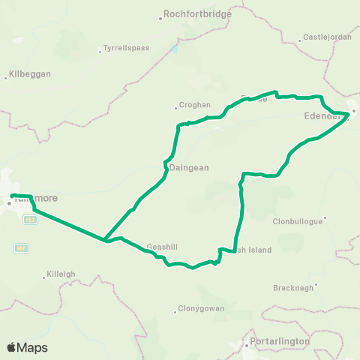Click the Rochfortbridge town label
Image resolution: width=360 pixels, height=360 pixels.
(x=199, y=14)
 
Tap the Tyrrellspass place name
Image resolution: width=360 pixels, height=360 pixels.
(x=126, y=48)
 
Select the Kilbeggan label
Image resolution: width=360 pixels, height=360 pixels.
(x=28, y=76)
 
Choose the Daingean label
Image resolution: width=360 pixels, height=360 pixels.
(x=189, y=168)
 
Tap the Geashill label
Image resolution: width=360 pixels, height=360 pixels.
(x=162, y=246)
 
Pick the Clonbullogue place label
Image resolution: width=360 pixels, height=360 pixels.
(x=298, y=220)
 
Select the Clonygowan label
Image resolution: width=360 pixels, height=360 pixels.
(x=199, y=308)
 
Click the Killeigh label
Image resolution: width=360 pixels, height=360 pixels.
(x=62, y=274)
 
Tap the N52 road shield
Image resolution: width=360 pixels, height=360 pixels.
(x=30, y=219)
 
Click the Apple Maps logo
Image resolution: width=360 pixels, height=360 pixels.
(x=27, y=348)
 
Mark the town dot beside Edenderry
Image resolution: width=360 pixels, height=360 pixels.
(x=354, y=112)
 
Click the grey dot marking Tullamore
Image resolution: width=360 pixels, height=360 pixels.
(x=10, y=202)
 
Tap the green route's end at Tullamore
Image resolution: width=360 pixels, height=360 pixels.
(x=13, y=196)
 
